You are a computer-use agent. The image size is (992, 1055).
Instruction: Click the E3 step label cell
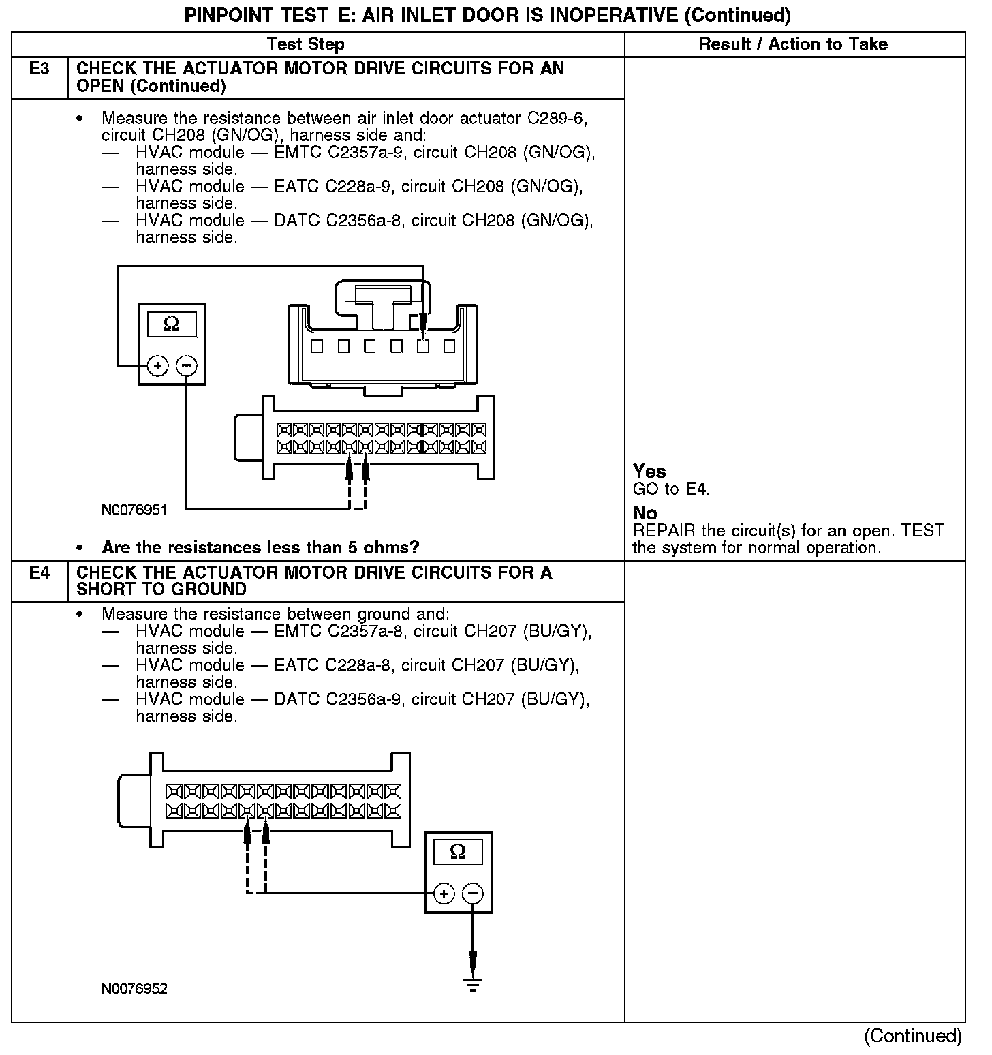point(40,69)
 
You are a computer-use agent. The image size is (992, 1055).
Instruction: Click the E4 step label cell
point(40,572)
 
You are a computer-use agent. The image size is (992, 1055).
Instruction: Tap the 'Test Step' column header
point(306,44)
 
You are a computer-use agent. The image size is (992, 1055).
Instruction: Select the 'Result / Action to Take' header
point(793,44)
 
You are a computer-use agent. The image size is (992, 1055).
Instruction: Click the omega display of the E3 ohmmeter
point(172,324)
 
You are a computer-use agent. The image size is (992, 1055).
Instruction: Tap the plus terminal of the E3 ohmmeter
point(157,366)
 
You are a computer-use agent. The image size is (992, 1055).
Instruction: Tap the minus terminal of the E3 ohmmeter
point(186,366)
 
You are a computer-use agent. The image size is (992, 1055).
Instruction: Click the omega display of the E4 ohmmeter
point(458,852)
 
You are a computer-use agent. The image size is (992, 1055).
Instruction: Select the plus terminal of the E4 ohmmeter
point(444,893)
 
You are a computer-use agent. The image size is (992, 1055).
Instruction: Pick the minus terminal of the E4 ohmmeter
point(473,893)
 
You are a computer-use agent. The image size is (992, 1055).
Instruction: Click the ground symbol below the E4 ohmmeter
point(473,983)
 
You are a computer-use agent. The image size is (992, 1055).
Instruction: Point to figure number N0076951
point(134,510)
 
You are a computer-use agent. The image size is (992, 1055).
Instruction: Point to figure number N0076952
point(134,989)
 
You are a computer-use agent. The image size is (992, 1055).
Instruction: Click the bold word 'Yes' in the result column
point(649,471)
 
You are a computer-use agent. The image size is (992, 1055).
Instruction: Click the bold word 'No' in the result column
point(645,513)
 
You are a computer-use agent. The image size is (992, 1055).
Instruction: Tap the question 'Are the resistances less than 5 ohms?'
point(260,547)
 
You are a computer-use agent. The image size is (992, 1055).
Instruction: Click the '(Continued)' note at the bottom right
point(913,1036)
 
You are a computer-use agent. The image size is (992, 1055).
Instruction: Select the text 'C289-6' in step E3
point(557,119)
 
